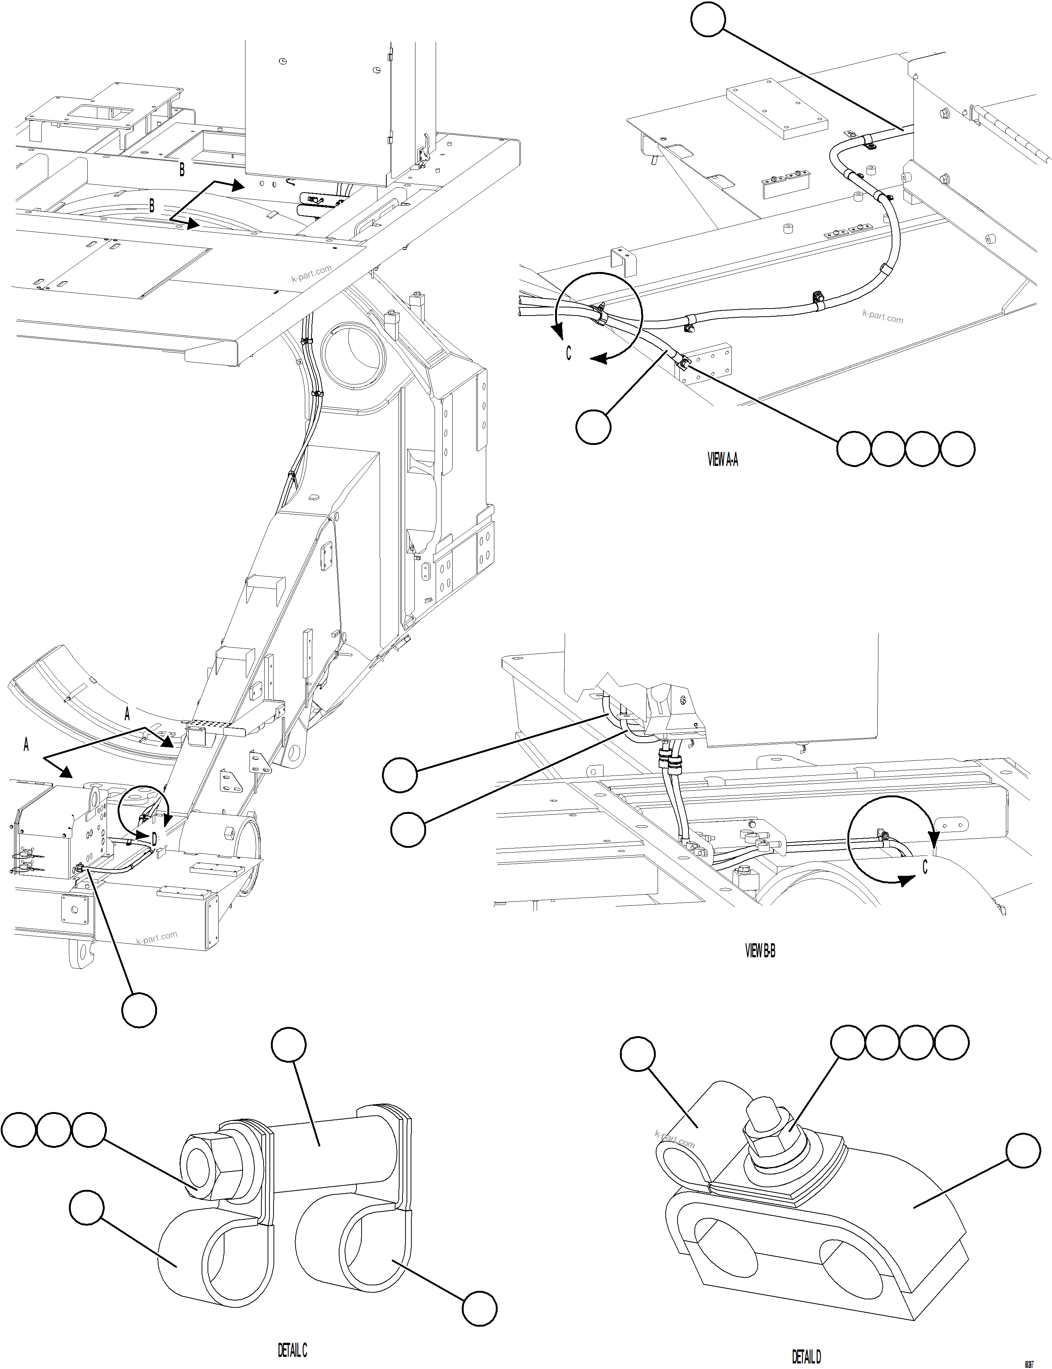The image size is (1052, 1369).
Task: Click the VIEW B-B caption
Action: tap(760, 951)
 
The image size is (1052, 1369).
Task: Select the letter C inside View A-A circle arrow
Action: tap(569, 353)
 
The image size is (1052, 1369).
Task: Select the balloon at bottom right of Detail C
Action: tap(480, 1307)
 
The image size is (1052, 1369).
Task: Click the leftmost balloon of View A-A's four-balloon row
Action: tap(853, 448)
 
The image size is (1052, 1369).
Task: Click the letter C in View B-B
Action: tap(925, 867)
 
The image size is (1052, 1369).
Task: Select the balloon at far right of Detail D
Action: tap(1023, 1150)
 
